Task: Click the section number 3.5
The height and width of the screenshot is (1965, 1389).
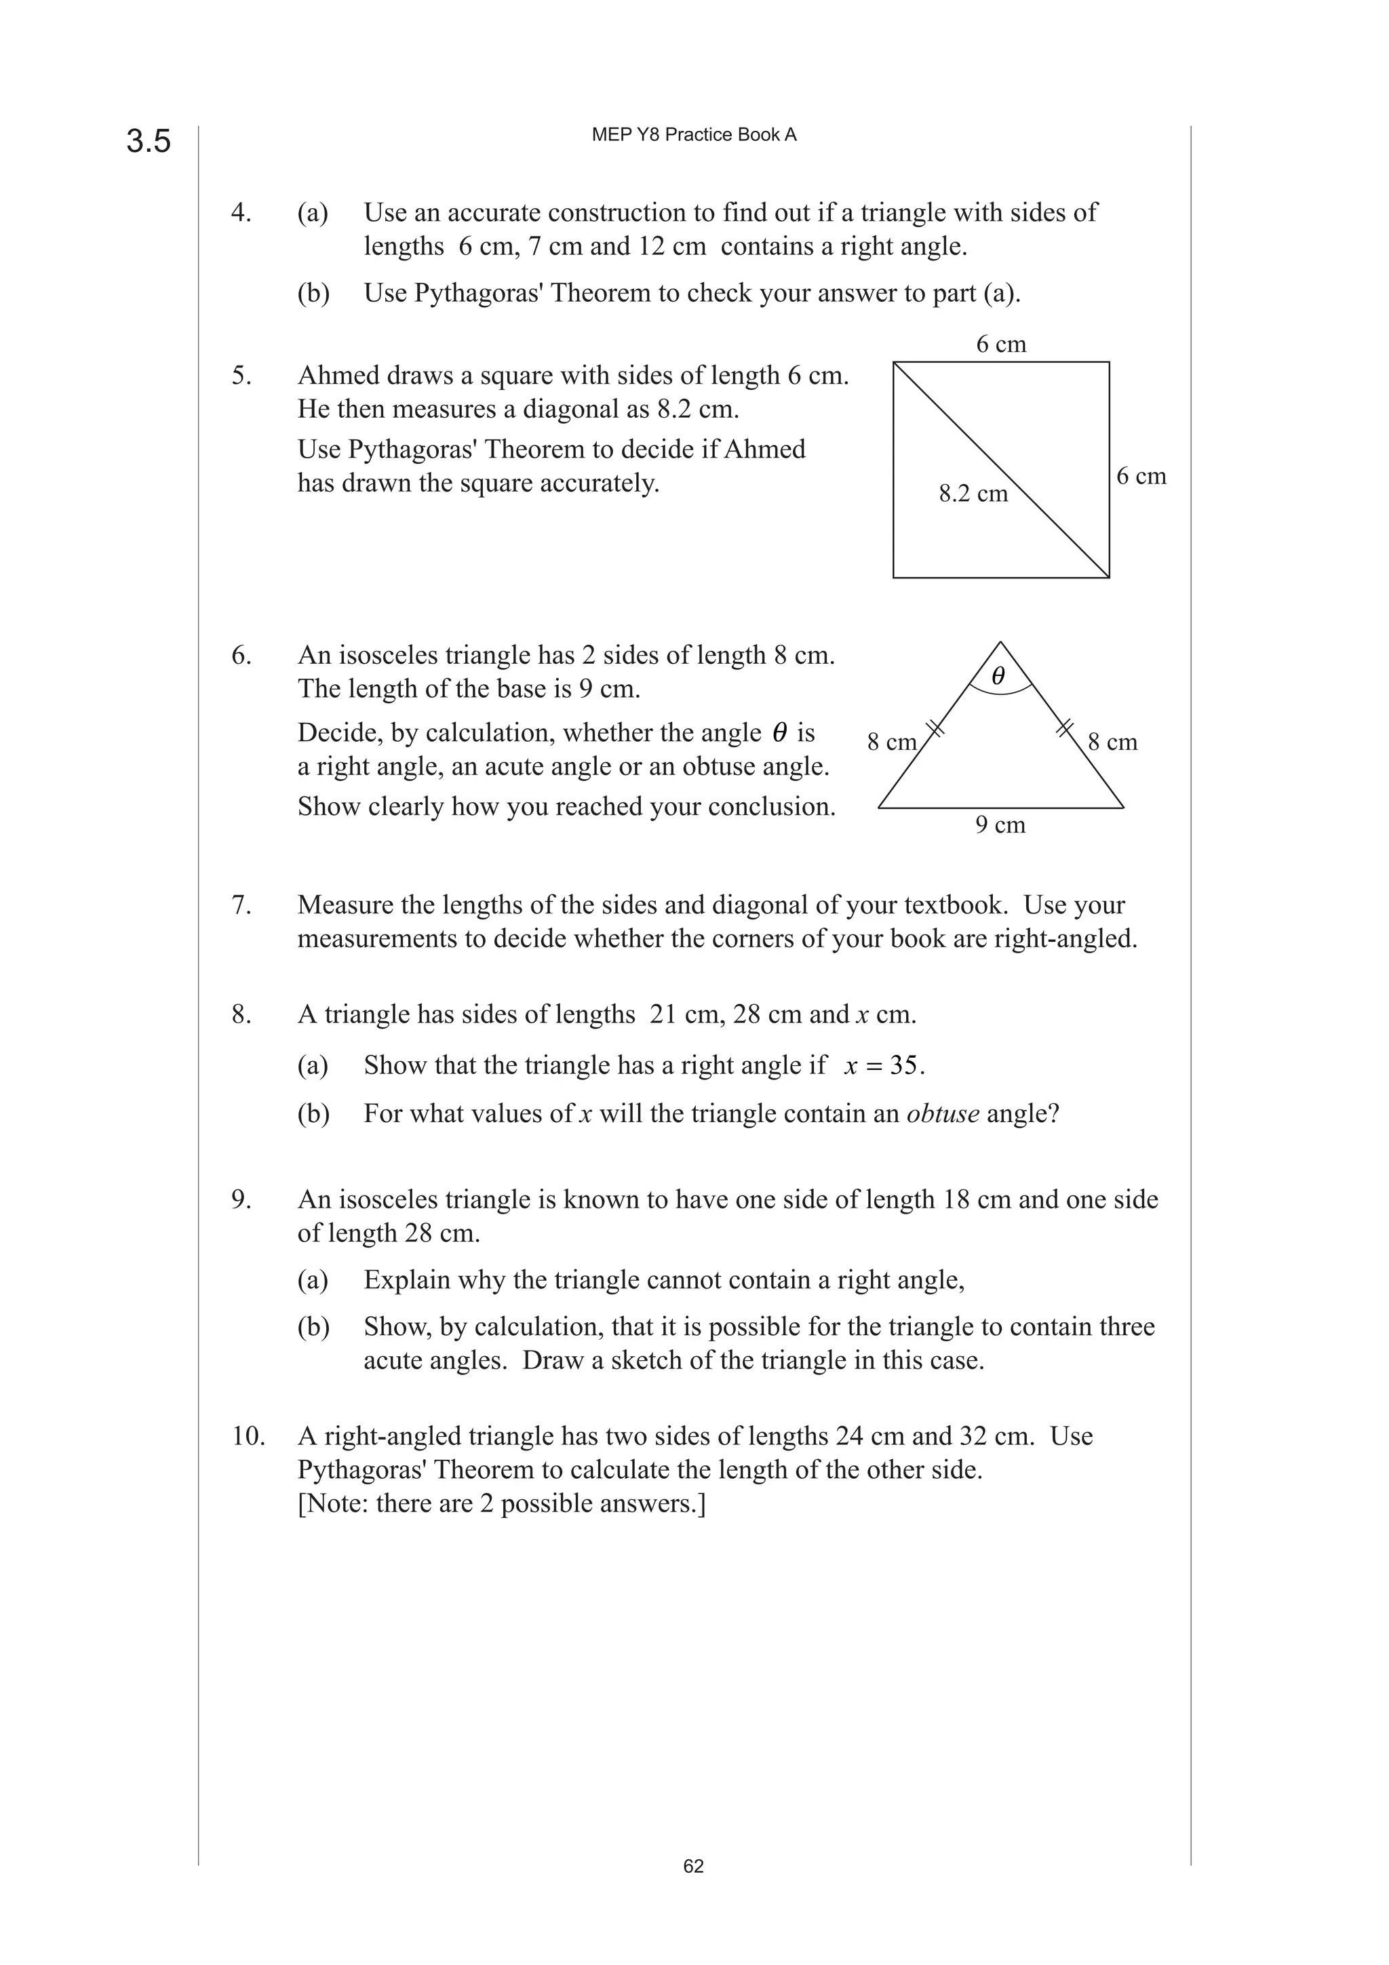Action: pyautogui.click(x=149, y=141)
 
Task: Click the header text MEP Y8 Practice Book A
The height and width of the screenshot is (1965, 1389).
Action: pyautogui.click(x=693, y=135)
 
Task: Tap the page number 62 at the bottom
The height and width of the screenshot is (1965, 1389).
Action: pyautogui.click(x=693, y=1866)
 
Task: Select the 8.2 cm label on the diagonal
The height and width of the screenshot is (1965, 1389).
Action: pyautogui.click(x=973, y=494)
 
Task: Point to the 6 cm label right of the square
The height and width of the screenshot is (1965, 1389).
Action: pyautogui.click(x=1141, y=477)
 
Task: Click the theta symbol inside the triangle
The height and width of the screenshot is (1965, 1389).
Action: pyautogui.click(x=998, y=676)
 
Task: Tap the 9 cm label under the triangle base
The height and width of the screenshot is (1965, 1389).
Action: pyautogui.click(x=1000, y=825)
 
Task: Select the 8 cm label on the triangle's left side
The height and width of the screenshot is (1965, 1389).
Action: pyautogui.click(x=891, y=742)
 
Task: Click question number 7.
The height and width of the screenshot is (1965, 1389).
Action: pyautogui.click(x=241, y=905)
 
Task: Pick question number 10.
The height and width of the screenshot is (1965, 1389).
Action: pyautogui.click(x=248, y=1436)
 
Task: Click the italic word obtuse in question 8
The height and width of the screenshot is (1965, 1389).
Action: pyautogui.click(x=942, y=1113)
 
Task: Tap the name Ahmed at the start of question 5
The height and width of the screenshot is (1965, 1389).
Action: pyautogui.click(x=338, y=376)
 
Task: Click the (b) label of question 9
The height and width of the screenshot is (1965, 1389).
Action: pyautogui.click(x=313, y=1326)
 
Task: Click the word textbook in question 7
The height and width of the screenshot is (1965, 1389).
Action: pyautogui.click(x=955, y=905)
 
